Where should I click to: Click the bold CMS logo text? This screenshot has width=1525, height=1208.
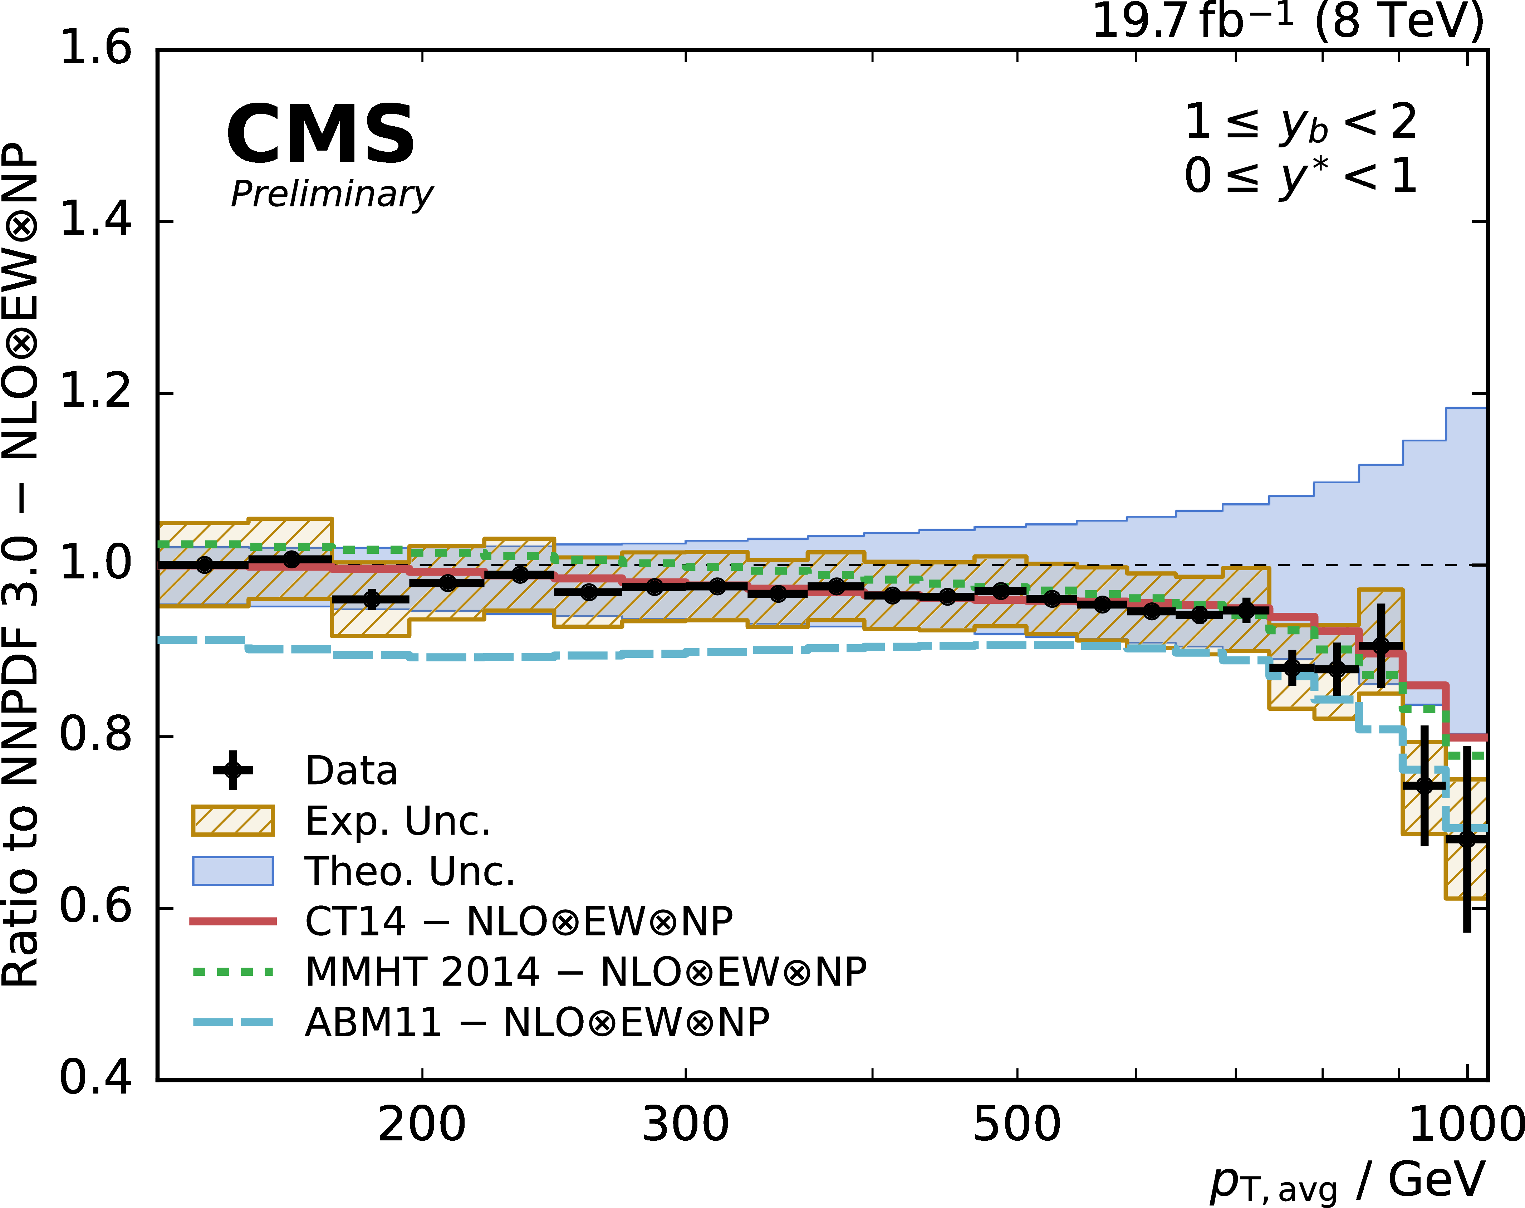(x=320, y=135)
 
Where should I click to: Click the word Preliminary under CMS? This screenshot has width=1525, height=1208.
(x=332, y=195)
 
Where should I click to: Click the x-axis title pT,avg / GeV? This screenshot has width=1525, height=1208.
(x=1347, y=1180)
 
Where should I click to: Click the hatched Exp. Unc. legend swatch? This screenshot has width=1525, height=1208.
(x=232, y=821)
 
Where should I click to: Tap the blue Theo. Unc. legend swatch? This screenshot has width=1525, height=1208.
(x=232, y=871)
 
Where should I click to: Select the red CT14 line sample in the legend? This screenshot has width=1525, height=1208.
(x=232, y=921)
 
